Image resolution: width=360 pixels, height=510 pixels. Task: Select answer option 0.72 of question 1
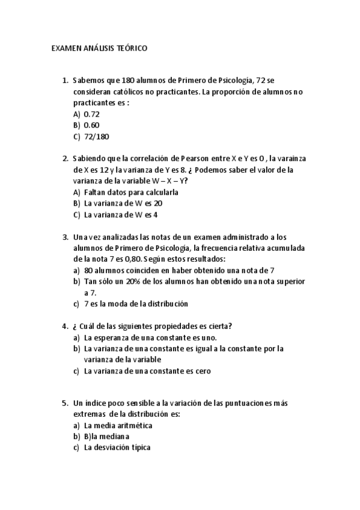pos(92,114)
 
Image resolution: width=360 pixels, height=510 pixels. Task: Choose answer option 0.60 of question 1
pos(92,125)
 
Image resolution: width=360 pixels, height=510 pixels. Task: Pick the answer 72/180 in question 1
pos(97,137)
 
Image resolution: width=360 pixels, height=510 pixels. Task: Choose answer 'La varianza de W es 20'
pos(123,203)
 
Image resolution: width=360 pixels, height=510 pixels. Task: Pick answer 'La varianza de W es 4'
pos(121,215)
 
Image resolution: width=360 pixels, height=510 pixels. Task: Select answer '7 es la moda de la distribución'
pos(136,304)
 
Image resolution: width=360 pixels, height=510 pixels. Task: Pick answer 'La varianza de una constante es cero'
pos(147,371)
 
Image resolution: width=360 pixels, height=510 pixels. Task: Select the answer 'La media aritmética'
pos(118,425)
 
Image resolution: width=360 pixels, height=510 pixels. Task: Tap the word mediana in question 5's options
pos(117,437)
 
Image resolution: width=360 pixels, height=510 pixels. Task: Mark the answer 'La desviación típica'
pos(117,447)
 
